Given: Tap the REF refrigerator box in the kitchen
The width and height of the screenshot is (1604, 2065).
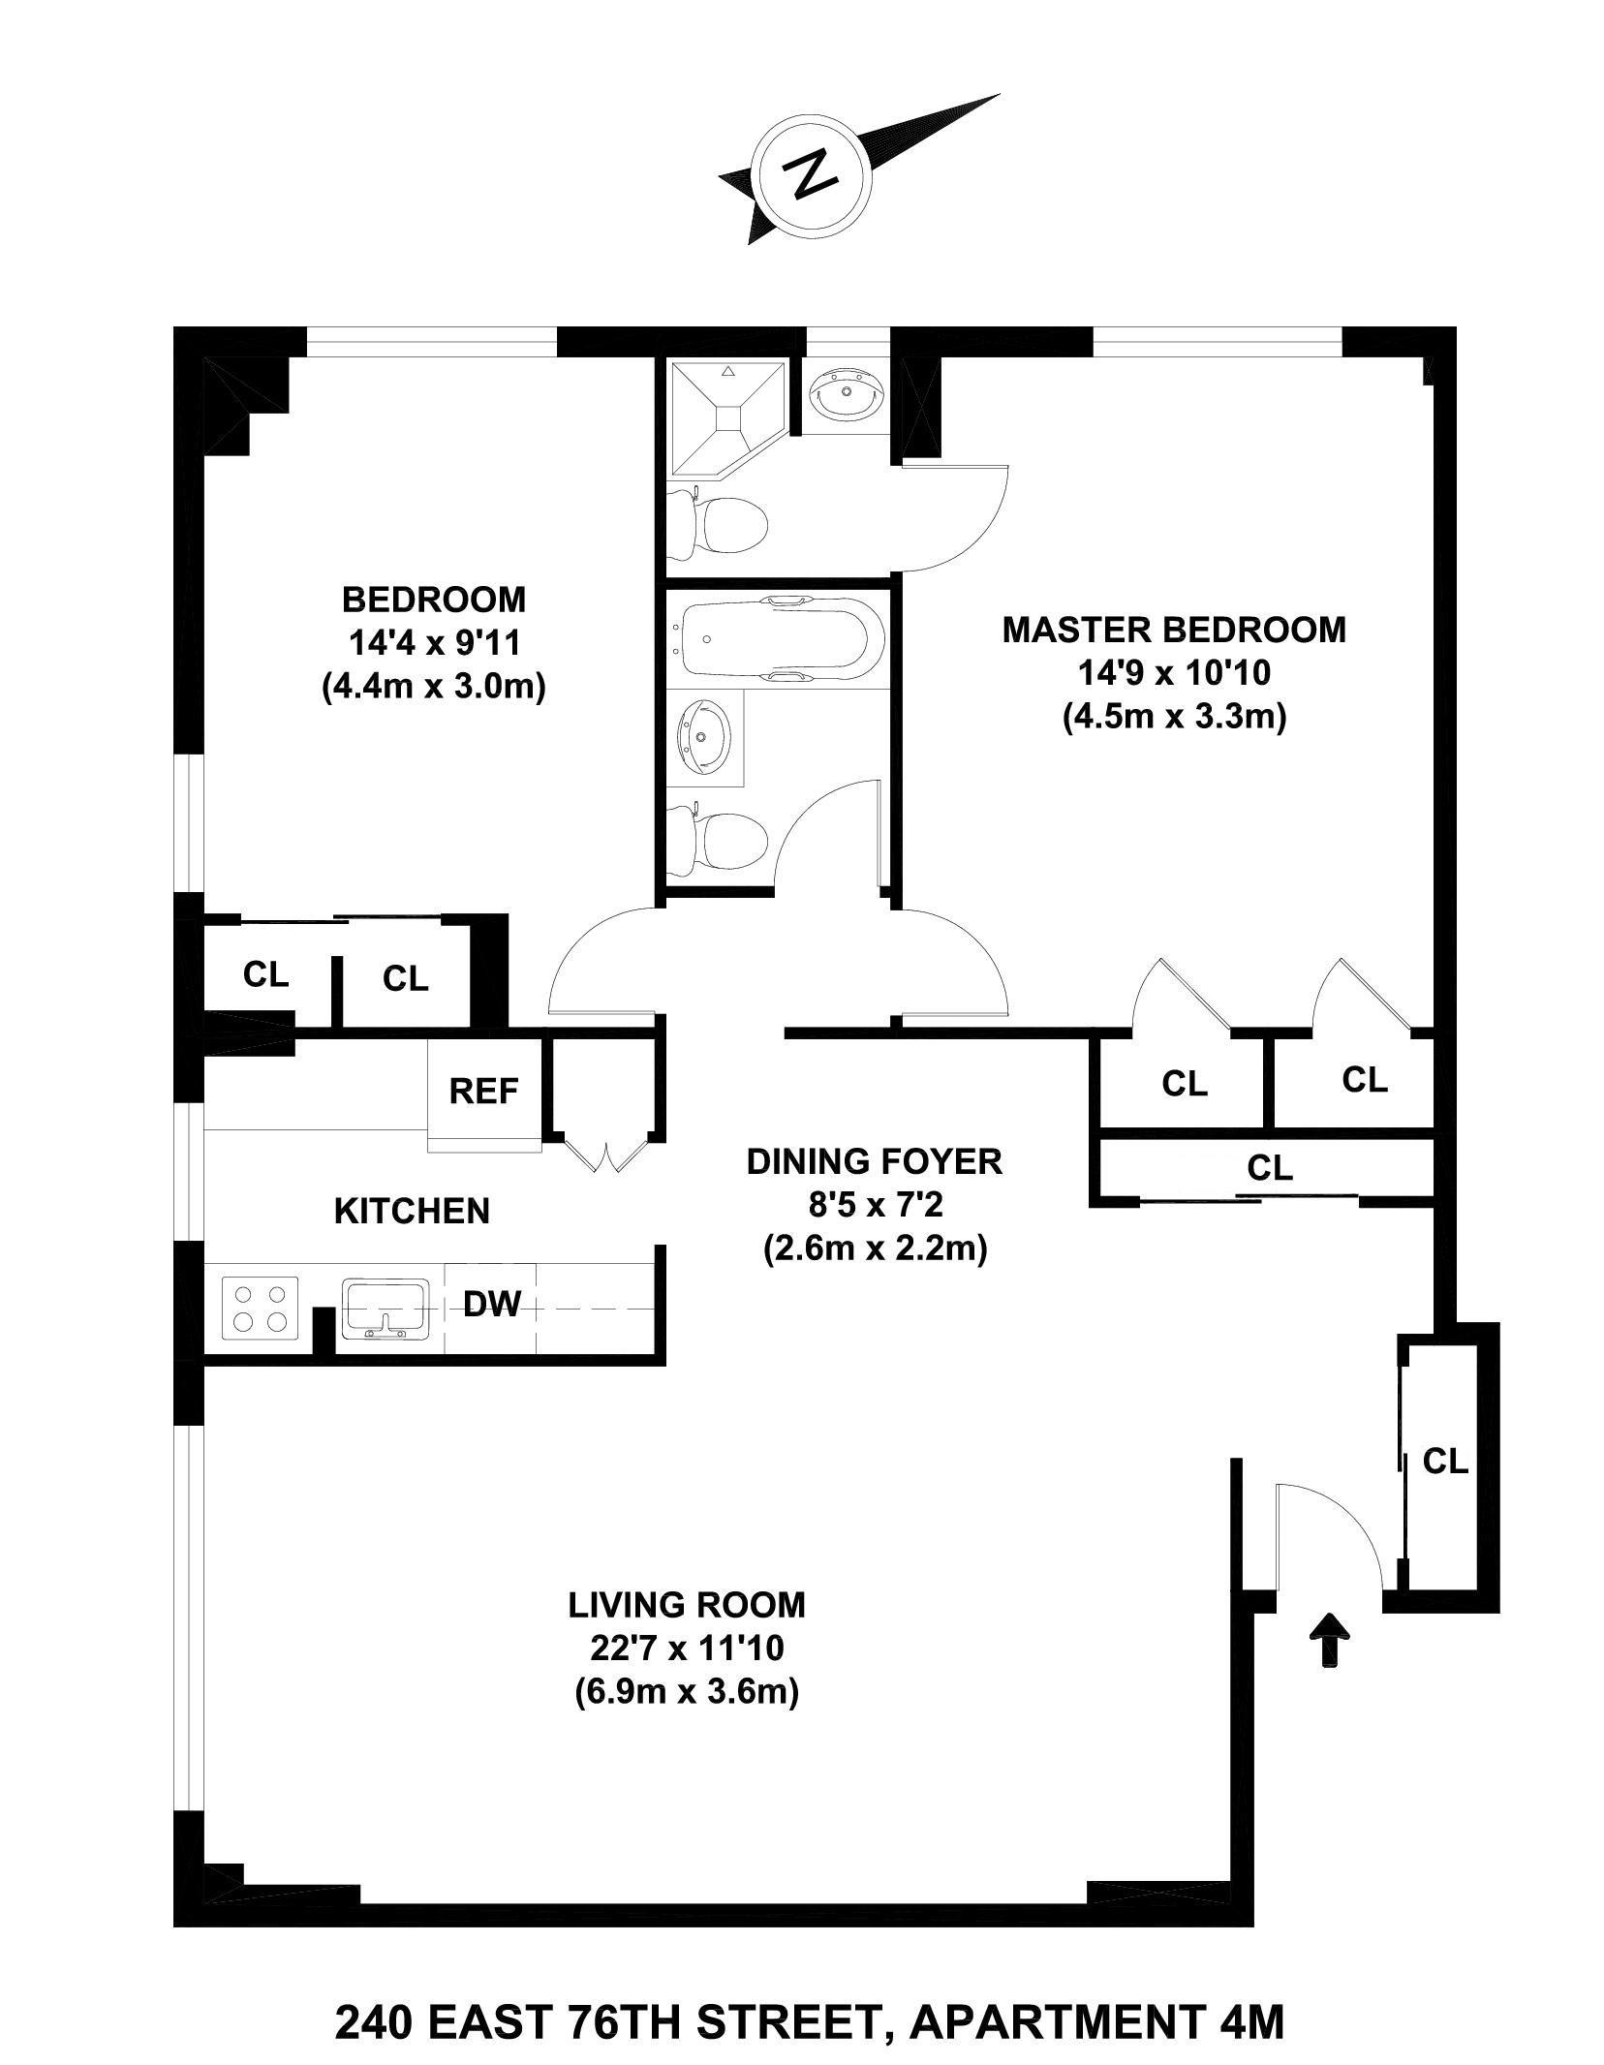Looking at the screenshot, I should pyautogui.click(x=483, y=1092).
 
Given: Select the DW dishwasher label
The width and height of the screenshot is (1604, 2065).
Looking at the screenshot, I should pyautogui.click(x=492, y=1305).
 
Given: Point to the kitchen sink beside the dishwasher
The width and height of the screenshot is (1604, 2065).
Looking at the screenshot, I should pyautogui.click(x=385, y=1308).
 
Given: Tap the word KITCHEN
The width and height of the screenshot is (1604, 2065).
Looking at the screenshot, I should pyautogui.click(x=412, y=1212).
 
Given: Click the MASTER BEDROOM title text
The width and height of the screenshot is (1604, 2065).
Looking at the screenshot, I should pyautogui.click(x=1173, y=630).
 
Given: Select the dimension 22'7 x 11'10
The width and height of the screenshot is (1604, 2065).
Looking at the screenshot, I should pyautogui.click(x=686, y=1647).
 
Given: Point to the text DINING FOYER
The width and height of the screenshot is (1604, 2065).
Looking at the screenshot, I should pyautogui.click(x=874, y=1161).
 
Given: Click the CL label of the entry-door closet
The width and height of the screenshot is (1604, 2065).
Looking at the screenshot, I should pyautogui.click(x=1445, y=1461).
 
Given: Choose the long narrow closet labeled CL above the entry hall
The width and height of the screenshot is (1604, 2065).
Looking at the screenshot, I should pyautogui.click(x=1269, y=1169).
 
